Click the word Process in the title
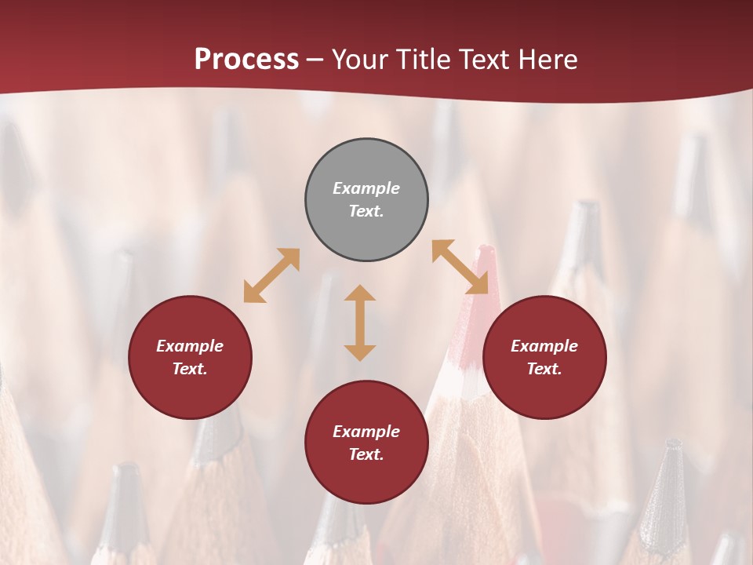[x=246, y=60]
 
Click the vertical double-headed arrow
[x=360, y=323]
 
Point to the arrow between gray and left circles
[x=271, y=275]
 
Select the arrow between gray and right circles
[x=460, y=267]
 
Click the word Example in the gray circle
[x=366, y=188]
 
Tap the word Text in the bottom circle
[x=366, y=454]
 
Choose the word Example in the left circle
[x=190, y=346]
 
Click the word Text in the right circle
[x=544, y=369]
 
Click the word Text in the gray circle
[x=366, y=211]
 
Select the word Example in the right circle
[x=544, y=346]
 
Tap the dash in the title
[x=315, y=60]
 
